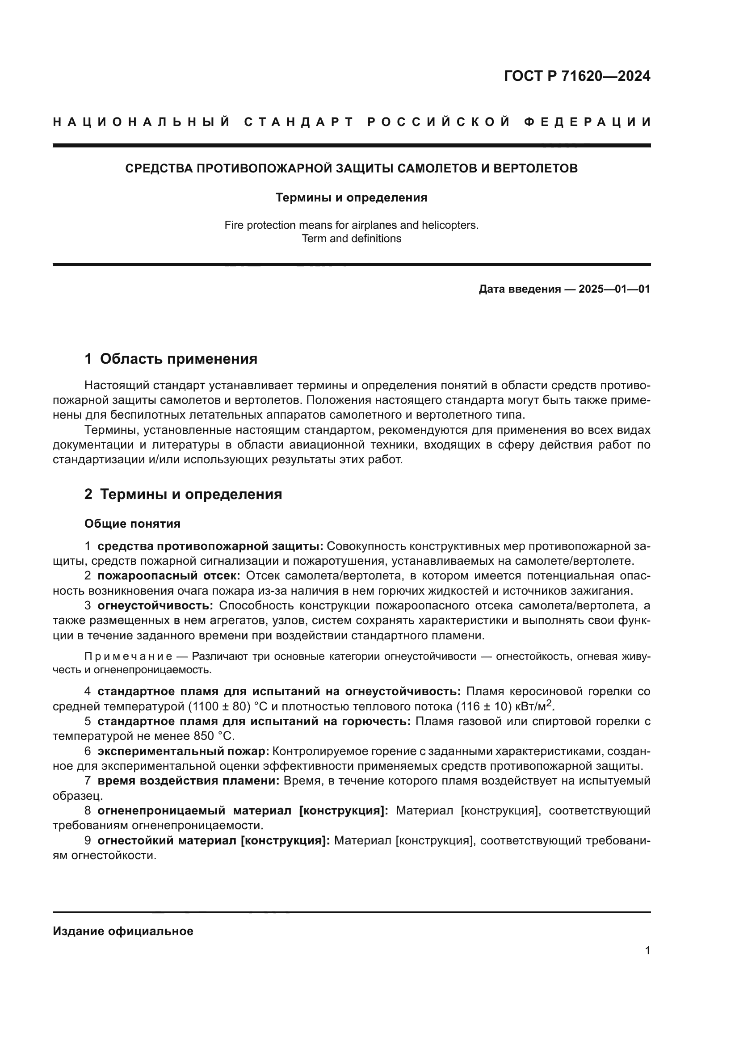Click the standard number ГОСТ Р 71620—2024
(x=577, y=76)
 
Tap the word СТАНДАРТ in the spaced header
(x=299, y=122)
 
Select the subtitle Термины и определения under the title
(x=351, y=197)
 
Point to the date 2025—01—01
(x=614, y=289)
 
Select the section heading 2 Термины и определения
(x=183, y=494)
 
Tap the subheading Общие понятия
(x=132, y=524)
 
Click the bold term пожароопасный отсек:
(x=169, y=576)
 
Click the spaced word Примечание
(x=128, y=656)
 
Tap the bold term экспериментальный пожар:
(x=183, y=751)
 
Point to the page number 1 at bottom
(x=647, y=950)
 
